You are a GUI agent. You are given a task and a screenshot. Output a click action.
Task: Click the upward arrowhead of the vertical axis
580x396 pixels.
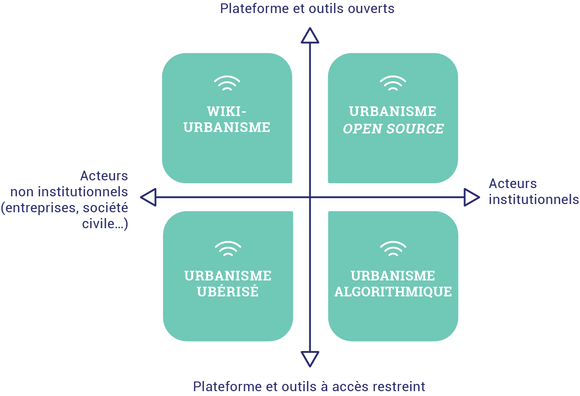pos(310,36)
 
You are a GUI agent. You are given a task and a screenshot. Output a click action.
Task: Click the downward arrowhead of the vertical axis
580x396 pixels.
pos(310,359)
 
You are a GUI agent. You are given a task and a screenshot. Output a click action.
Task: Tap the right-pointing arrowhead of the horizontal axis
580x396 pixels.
pos(472,197)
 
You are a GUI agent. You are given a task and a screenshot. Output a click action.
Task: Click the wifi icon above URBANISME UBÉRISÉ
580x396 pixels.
pos(228,249)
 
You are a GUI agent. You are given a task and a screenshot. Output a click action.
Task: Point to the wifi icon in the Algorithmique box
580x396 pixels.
pos(393,249)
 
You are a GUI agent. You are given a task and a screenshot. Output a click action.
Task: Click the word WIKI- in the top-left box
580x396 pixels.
pos(227,111)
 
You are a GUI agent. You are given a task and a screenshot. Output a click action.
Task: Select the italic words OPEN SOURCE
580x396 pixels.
pos(393,129)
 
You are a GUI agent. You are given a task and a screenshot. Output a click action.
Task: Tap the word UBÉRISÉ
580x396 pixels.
pos(228,293)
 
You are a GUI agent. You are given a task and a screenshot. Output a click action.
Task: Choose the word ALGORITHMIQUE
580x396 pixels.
pos(393,293)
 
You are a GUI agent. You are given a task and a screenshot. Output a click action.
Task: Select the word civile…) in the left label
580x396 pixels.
pos(105,224)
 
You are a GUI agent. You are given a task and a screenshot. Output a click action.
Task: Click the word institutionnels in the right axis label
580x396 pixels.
pos(534,199)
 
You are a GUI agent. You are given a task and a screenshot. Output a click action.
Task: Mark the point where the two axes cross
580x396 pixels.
pos(310,197)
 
